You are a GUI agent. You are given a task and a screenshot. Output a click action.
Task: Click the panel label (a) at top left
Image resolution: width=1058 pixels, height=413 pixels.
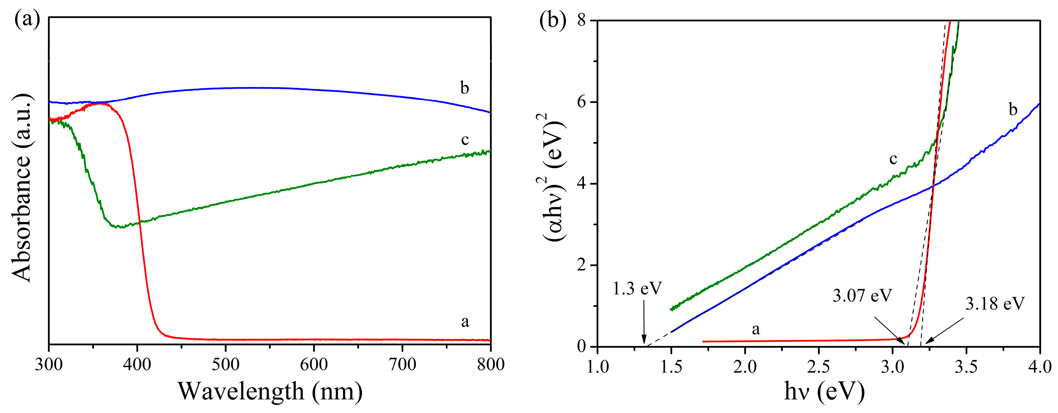tap(27, 19)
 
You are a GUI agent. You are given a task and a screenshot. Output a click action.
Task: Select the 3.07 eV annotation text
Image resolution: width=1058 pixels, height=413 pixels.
tap(863, 295)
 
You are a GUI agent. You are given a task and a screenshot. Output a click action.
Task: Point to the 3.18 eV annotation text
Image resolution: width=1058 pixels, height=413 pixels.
tap(995, 304)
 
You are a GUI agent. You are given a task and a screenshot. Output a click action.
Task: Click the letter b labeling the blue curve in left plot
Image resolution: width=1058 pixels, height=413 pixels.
tap(464, 88)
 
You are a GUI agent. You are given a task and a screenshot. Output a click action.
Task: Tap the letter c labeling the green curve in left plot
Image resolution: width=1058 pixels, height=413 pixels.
tap(464, 140)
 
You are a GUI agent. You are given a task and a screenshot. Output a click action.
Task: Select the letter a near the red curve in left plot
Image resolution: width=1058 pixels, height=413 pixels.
tap(464, 321)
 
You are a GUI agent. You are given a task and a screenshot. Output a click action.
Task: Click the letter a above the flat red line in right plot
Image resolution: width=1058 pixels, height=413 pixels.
tap(756, 329)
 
